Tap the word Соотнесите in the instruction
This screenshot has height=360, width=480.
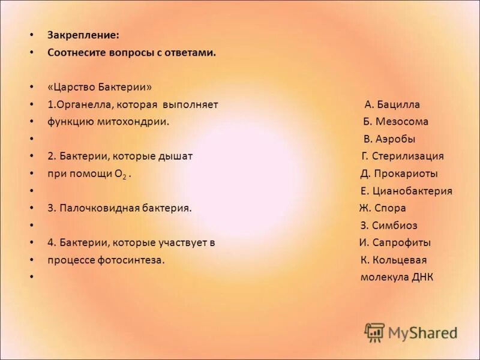(77, 53)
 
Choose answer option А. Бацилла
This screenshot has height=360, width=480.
(392, 105)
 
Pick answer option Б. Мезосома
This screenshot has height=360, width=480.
(396, 122)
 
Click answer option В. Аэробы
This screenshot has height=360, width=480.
(389, 139)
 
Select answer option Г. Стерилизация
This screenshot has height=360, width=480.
(403, 157)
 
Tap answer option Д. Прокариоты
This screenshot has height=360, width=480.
(399, 174)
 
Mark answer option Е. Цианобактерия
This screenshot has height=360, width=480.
(406, 191)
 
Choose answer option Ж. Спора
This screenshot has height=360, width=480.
(383, 208)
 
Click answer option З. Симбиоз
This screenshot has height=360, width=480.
(389, 226)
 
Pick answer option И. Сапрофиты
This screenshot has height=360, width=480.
(395, 243)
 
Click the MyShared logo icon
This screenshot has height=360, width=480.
(374, 332)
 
